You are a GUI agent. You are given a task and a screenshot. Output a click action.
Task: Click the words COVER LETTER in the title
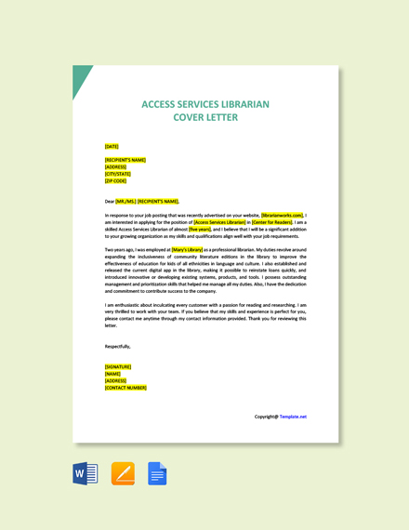[204, 117]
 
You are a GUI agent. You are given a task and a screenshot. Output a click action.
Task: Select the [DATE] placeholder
[112, 146]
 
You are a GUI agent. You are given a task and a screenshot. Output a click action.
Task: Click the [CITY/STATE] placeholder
[118, 174]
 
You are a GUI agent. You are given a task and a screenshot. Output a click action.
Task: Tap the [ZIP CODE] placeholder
[115, 181]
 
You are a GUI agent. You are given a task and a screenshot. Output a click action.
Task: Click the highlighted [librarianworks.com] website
[283, 215]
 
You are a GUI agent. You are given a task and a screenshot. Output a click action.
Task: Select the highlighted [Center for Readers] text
[271, 222]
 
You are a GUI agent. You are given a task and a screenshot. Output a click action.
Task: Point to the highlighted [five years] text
[200, 230]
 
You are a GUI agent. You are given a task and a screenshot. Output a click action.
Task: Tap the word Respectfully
[117, 346]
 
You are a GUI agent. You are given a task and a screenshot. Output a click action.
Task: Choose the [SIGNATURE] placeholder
[118, 366]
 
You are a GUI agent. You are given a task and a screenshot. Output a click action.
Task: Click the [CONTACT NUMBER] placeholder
[125, 388]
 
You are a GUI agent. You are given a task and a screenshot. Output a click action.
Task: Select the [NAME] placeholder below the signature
[113, 374]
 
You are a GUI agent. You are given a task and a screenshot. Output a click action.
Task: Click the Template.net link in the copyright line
[293, 417]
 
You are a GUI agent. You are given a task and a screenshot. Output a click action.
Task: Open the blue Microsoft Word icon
[86, 473]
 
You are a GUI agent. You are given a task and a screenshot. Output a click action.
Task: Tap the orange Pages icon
[123, 473]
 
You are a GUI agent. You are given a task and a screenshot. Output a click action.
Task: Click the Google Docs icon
[157, 473]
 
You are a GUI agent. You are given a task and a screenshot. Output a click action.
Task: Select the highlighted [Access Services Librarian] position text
[220, 222]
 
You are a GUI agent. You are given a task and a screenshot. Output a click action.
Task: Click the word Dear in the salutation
[110, 201]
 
